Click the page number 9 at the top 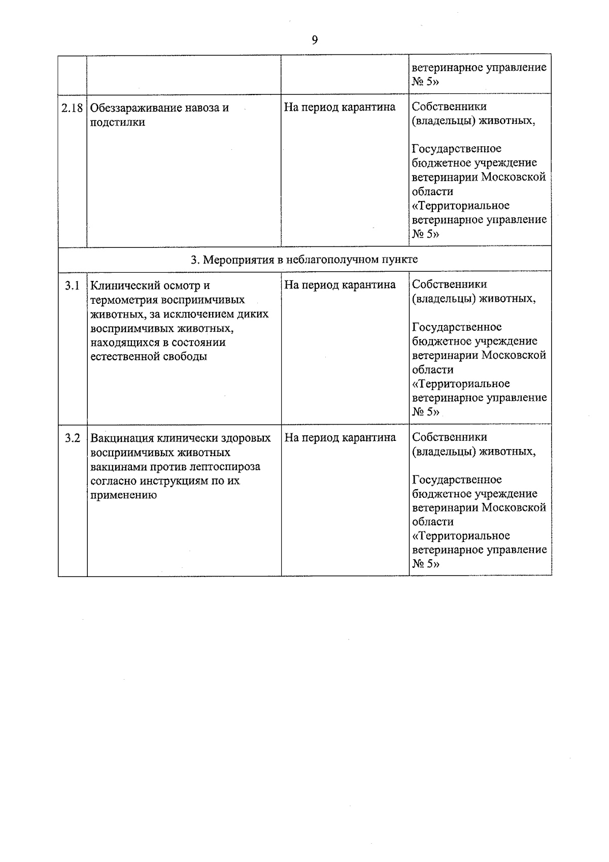(x=315, y=40)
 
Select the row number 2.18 (x=72, y=108)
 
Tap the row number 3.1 (x=72, y=285)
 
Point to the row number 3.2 (x=72, y=438)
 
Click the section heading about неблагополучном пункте (x=304, y=260)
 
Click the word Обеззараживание (x=131, y=108)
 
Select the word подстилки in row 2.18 (x=117, y=122)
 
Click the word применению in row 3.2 (x=123, y=495)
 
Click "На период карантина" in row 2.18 (x=340, y=107)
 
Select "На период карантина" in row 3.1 (x=340, y=285)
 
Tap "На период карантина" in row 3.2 (x=340, y=437)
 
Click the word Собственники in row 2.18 (x=449, y=107)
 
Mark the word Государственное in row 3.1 (x=456, y=327)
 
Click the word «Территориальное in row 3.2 (x=461, y=536)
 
